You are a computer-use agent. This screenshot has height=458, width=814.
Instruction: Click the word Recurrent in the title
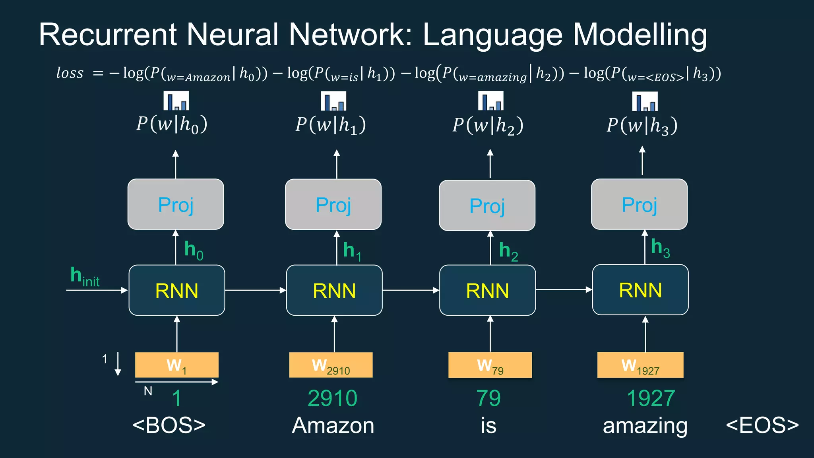tap(107, 35)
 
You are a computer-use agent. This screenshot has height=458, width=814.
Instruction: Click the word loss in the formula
tap(70, 73)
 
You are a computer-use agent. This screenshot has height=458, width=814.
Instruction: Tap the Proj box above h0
tap(176, 204)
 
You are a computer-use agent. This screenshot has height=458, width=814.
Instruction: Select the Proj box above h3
tap(639, 204)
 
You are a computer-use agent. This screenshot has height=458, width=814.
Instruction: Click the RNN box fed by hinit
tap(177, 290)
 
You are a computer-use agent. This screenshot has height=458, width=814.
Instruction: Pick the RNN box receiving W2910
tap(334, 290)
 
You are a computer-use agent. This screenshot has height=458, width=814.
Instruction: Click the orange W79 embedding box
tap(490, 365)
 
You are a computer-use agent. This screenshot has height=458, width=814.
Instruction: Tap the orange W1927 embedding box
tap(640, 365)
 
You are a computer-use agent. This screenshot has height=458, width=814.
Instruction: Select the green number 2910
tap(333, 398)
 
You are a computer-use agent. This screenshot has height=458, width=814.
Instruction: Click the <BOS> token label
tap(169, 425)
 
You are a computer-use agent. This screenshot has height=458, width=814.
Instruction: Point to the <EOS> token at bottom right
tap(762, 425)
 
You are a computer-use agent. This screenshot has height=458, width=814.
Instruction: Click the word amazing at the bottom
tap(645, 426)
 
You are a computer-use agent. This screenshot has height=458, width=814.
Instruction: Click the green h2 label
tap(508, 251)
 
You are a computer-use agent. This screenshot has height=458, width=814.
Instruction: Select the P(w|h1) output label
tap(331, 125)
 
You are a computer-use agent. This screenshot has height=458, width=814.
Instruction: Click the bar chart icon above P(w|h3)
tap(645, 101)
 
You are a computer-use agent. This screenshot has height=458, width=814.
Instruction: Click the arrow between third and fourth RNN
tap(564, 290)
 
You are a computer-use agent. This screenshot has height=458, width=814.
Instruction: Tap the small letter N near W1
tap(148, 391)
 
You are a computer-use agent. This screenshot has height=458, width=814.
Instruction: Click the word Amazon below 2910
tap(333, 425)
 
